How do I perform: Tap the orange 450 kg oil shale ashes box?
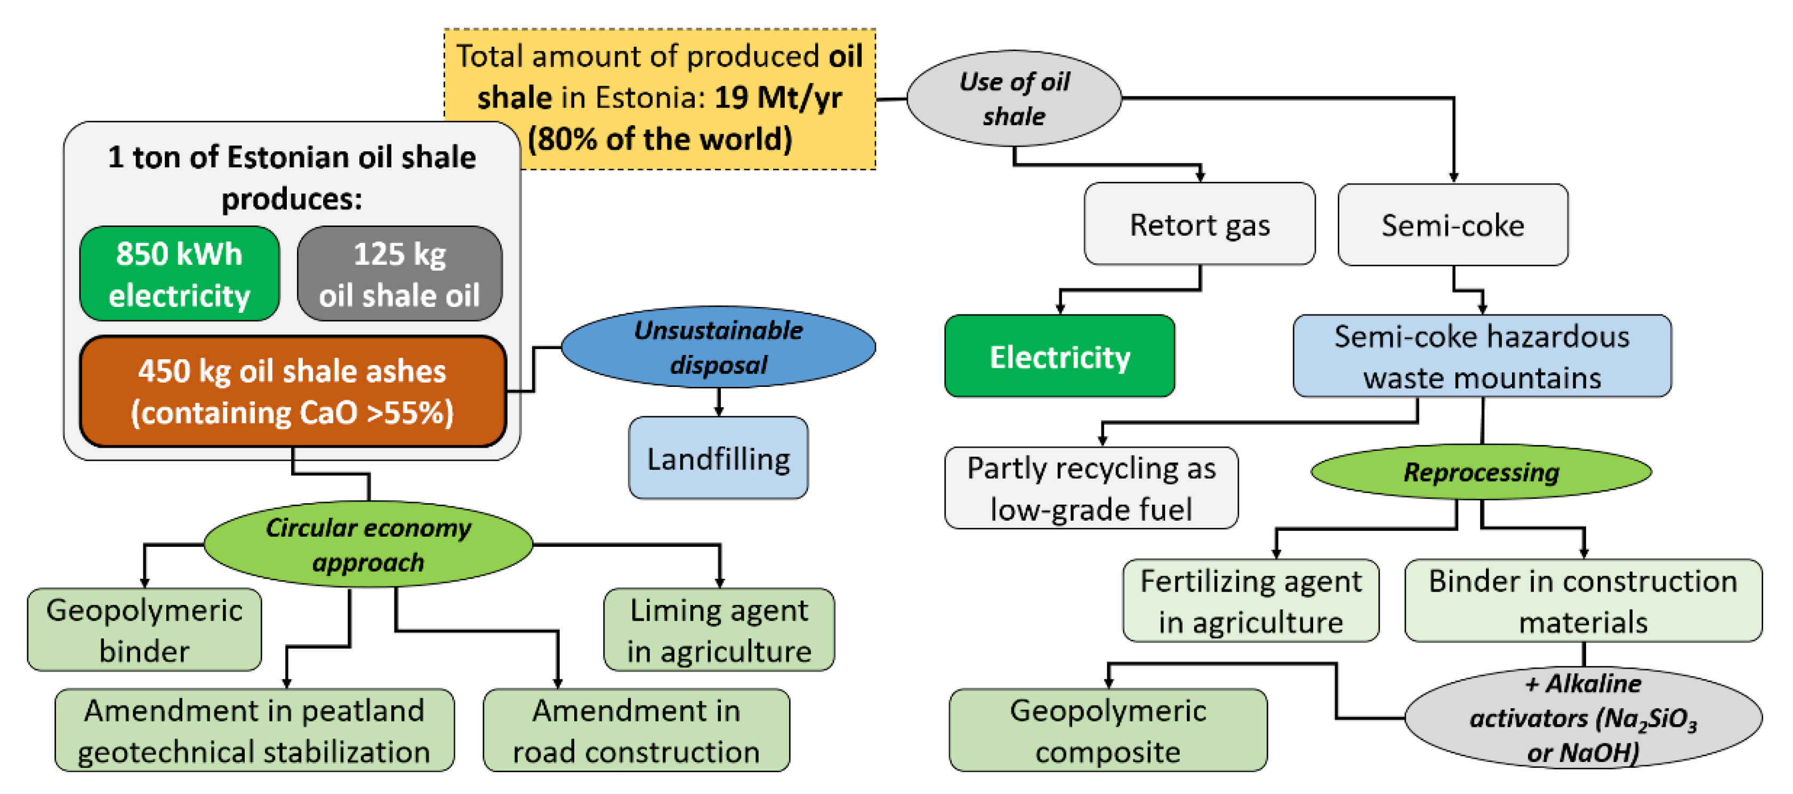[x=292, y=391]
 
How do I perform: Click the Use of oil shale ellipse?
[x=1014, y=98]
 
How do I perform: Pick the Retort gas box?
[x=1199, y=224]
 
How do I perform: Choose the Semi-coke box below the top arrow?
[x=1453, y=225]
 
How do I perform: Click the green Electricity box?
[x=1059, y=357]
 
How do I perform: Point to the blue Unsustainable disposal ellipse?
[x=718, y=346]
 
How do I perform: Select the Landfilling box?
[x=718, y=458]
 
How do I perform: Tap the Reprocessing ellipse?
[x=1481, y=472]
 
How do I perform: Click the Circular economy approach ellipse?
[x=368, y=544]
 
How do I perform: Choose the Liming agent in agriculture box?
[x=719, y=630]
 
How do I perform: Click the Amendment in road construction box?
[x=636, y=730]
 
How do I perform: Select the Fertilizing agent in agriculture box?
[x=1250, y=601]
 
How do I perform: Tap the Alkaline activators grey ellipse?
[x=1583, y=717]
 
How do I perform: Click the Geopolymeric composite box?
[x=1107, y=730]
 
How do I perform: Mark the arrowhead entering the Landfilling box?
[x=718, y=412]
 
